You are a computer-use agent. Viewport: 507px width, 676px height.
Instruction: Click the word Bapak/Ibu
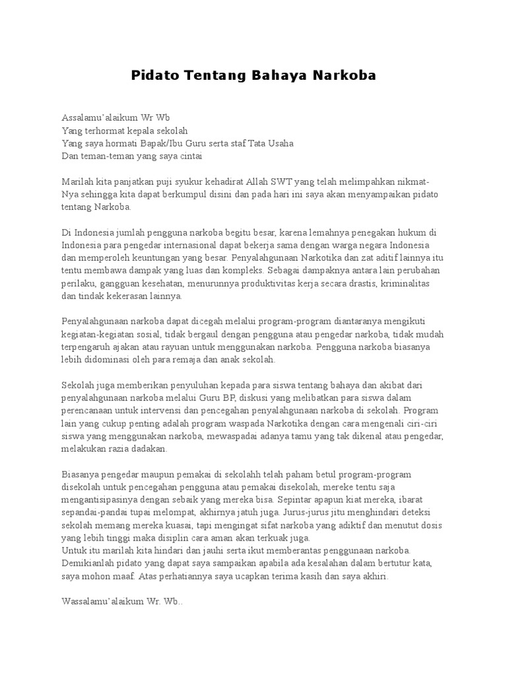(x=174, y=143)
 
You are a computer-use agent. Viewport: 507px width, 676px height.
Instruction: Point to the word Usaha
(x=280, y=143)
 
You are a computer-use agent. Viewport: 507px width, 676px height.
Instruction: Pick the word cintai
(x=187, y=156)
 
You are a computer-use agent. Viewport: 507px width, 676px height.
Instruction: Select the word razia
(x=115, y=449)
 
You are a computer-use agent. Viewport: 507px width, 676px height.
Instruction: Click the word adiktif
(x=375, y=525)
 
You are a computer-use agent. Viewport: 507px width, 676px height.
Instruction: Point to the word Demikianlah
(x=88, y=562)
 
